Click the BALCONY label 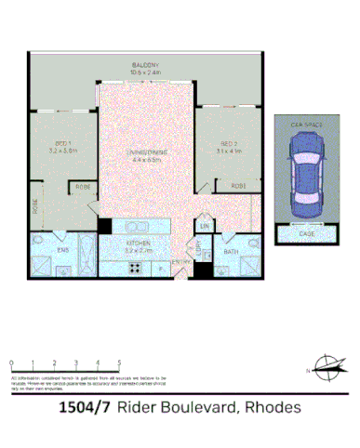[x=144, y=64]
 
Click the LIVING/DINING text [x=144, y=156]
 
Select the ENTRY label [x=180, y=263]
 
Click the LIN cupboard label [x=203, y=226]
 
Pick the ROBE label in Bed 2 [x=238, y=187]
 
